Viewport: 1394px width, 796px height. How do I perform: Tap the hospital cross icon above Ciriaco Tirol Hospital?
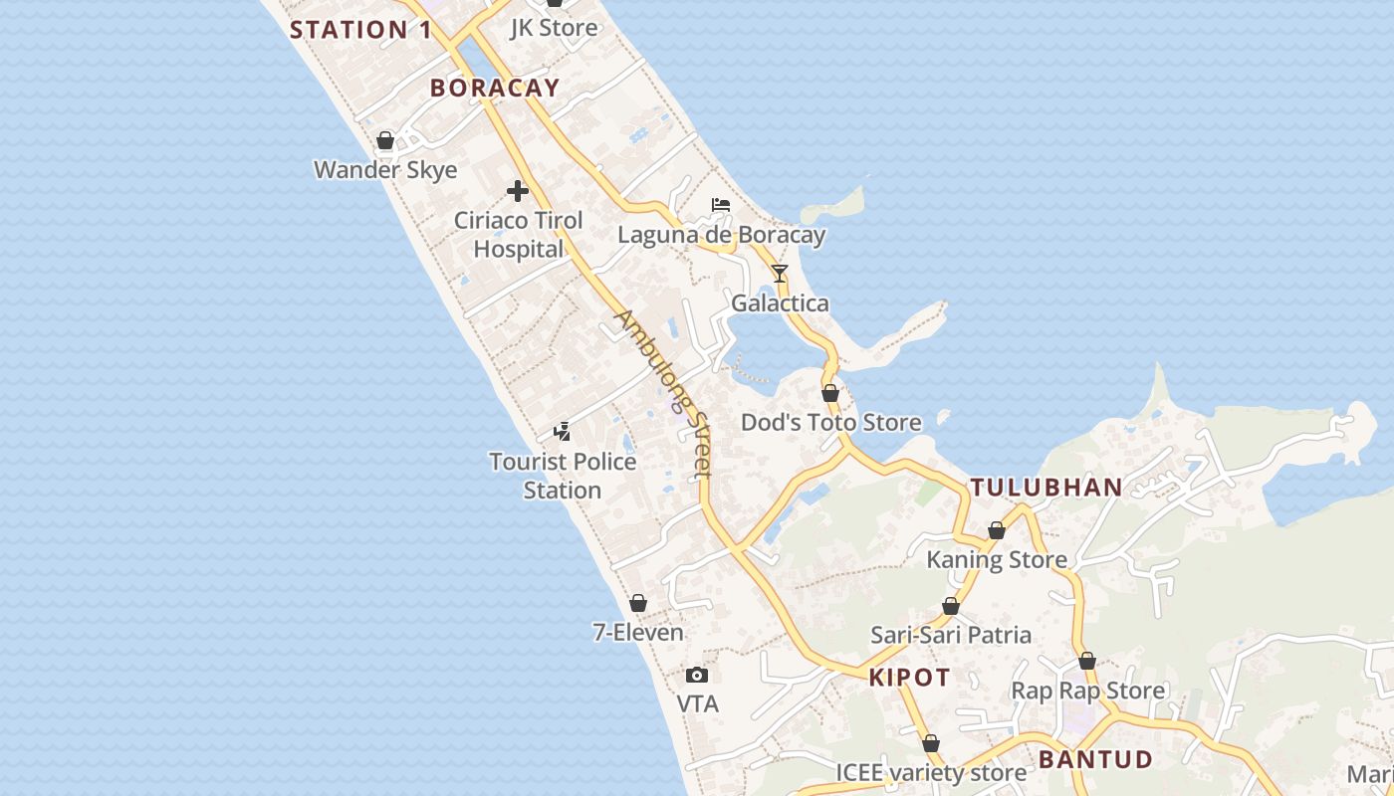click(x=518, y=190)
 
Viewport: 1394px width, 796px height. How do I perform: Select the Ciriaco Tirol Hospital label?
click(x=518, y=235)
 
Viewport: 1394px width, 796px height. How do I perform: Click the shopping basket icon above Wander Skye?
click(x=385, y=140)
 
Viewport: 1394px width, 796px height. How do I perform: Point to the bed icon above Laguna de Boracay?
click(x=721, y=205)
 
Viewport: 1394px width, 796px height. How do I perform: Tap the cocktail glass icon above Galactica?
click(x=780, y=273)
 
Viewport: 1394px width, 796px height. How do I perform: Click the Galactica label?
click(x=780, y=303)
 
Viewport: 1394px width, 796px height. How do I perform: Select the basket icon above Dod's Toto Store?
click(x=830, y=393)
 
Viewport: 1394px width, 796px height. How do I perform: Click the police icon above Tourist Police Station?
click(x=563, y=431)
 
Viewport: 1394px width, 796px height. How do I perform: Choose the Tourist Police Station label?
click(x=563, y=476)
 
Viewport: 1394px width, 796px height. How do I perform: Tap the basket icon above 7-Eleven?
click(x=638, y=603)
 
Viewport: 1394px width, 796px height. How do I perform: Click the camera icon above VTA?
click(x=697, y=675)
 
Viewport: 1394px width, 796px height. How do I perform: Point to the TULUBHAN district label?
click(x=1046, y=488)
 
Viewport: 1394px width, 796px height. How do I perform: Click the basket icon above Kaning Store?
click(x=997, y=530)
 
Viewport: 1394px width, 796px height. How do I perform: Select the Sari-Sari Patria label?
click(x=951, y=635)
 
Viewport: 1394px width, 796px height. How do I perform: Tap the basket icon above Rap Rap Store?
click(x=1087, y=661)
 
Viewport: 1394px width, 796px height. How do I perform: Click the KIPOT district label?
click(x=909, y=679)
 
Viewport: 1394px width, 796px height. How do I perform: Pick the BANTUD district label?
click(x=1095, y=760)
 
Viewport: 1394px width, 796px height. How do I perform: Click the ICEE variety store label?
click(x=931, y=773)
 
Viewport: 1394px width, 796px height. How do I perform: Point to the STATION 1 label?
click(x=360, y=30)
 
